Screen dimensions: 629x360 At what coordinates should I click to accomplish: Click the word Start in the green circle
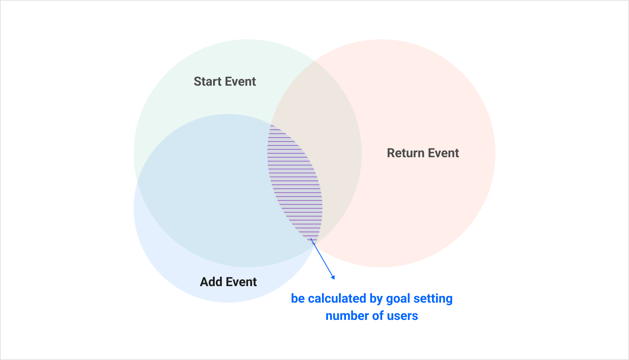(x=208, y=82)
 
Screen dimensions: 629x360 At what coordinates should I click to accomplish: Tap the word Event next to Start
(x=240, y=82)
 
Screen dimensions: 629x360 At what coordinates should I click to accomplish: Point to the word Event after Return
(x=443, y=153)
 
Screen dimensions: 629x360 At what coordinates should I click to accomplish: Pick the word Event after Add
(x=241, y=282)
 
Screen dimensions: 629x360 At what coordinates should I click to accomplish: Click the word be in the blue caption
(x=298, y=299)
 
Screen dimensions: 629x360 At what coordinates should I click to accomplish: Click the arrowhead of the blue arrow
(x=333, y=277)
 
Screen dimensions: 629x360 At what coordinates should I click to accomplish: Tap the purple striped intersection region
(x=295, y=182)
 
